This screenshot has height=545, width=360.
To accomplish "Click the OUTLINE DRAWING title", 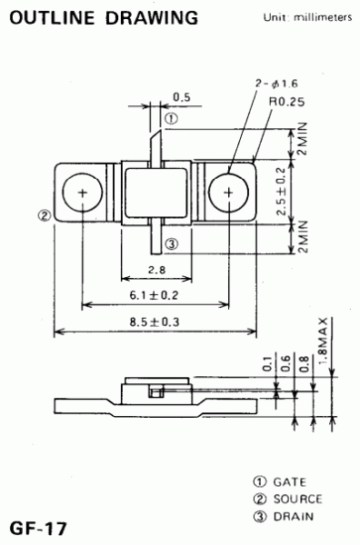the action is pos(104,18).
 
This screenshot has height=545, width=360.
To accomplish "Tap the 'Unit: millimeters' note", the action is pos(307,17).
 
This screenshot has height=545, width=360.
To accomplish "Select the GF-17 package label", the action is pos(38,529).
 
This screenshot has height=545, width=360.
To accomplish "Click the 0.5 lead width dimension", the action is pos(182,97).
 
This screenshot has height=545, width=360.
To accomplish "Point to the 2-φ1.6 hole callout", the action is pos(276,84).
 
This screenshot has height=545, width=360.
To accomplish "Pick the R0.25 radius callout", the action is pos(286,102).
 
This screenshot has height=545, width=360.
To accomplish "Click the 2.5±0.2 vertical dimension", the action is pos(281,192).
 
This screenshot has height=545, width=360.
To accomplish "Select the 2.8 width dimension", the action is pos(157,270).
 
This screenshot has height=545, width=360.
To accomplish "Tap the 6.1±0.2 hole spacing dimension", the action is pos(154,295).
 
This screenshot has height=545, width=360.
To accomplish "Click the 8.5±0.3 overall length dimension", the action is pos(155,322).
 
